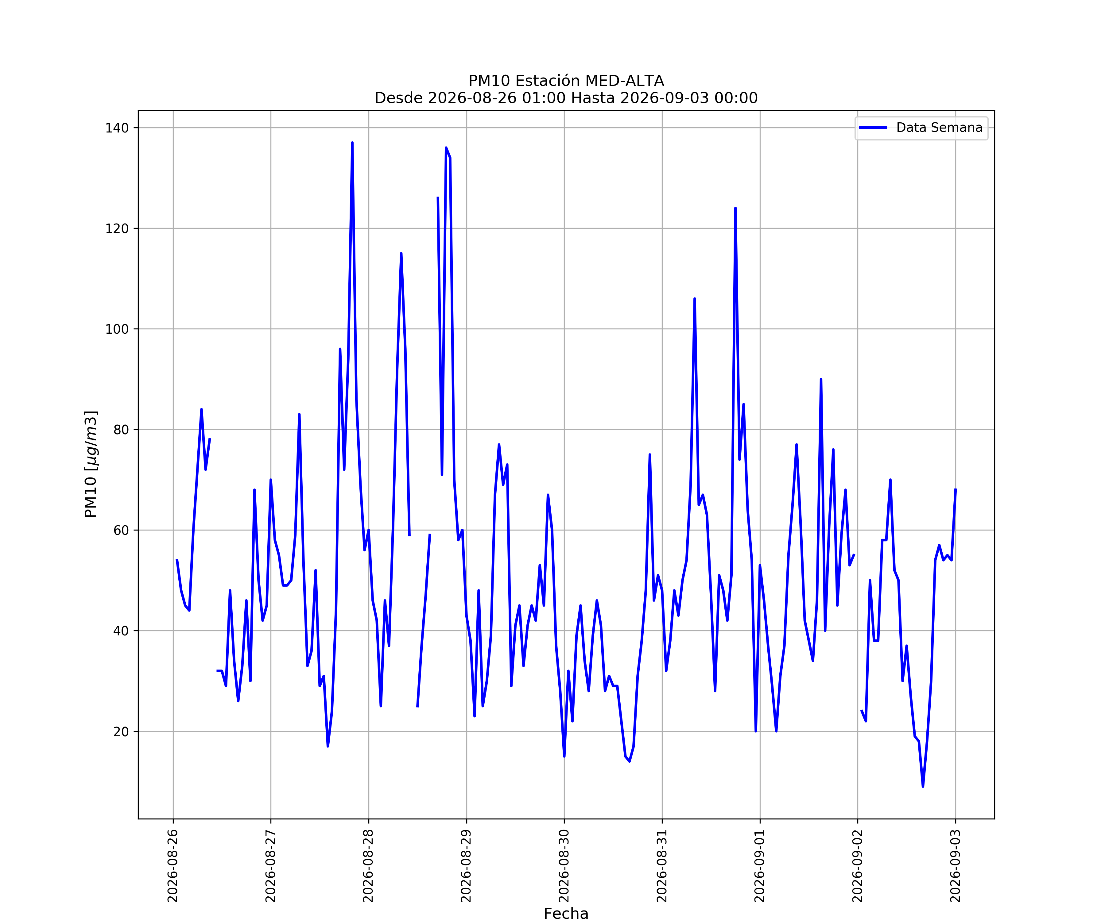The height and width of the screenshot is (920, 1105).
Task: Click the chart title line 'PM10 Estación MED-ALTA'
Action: click(x=566, y=81)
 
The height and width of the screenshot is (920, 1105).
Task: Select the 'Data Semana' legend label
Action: click(x=939, y=128)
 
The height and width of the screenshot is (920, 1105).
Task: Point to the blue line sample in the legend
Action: click(x=873, y=128)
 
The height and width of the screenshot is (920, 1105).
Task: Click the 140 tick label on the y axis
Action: click(x=117, y=128)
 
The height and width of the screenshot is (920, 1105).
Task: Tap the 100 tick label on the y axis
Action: click(x=117, y=329)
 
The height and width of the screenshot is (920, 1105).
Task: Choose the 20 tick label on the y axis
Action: click(x=121, y=731)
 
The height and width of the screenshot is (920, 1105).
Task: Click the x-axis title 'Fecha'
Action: click(x=566, y=914)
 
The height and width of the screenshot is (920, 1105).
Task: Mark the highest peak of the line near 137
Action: click(x=352, y=143)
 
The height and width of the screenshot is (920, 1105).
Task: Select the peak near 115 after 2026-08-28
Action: click(x=401, y=253)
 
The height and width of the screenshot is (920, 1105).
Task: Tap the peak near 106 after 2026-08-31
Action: click(x=695, y=299)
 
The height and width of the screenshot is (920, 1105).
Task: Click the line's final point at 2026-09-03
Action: click(x=956, y=489)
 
